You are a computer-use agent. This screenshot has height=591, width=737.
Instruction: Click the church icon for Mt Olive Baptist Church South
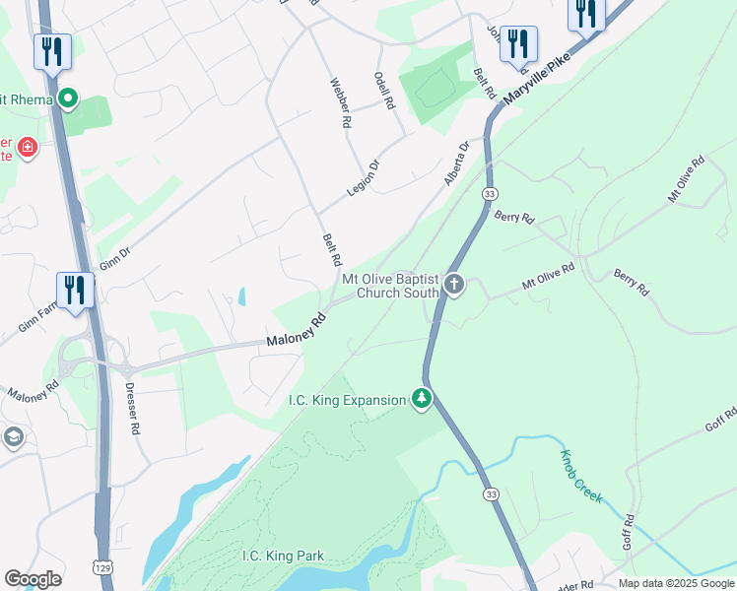click(x=453, y=286)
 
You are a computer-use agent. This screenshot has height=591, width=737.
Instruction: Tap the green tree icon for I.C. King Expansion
click(x=422, y=399)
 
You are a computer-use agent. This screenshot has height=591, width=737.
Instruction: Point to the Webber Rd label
click(x=341, y=104)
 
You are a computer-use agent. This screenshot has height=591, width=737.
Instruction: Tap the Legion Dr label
click(x=363, y=180)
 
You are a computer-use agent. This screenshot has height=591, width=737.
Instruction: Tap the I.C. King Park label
click(x=283, y=556)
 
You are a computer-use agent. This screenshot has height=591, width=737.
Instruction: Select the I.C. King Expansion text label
click(x=346, y=400)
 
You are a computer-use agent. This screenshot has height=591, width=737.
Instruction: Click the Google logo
click(x=33, y=579)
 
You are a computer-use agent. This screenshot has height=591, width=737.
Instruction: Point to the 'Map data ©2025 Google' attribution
click(x=675, y=583)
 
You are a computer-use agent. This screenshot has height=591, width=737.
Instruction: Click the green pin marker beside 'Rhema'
click(x=68, y=98)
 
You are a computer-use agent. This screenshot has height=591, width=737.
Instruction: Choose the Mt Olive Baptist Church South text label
click(x=391, y=286)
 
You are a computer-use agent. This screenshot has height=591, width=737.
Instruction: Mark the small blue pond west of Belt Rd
click(x=241, y=295)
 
